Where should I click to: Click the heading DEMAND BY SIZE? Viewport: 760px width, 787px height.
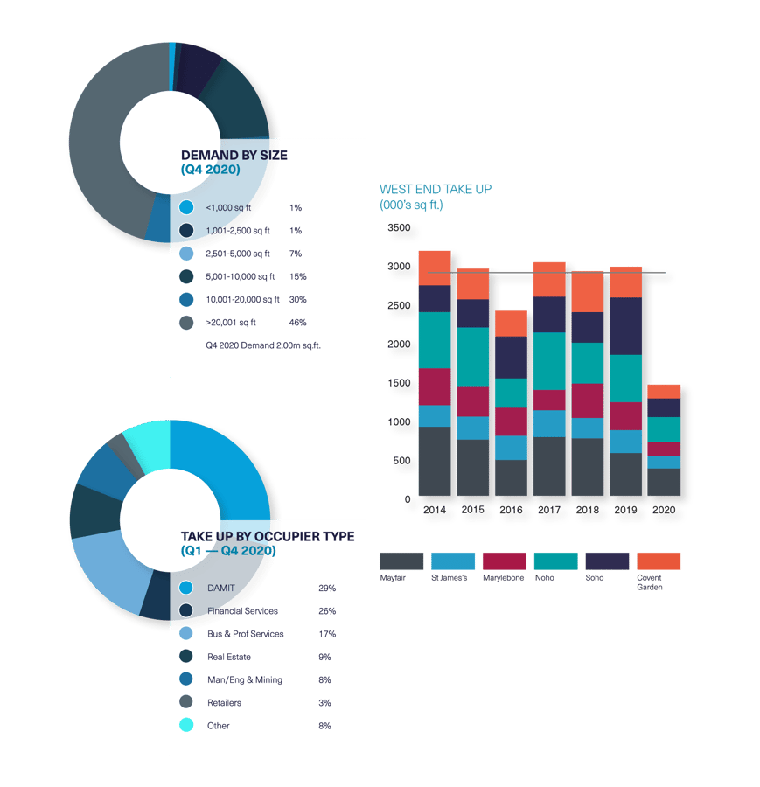234,156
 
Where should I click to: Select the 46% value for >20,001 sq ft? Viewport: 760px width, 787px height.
297,323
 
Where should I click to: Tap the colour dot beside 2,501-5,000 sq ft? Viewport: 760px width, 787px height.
185,254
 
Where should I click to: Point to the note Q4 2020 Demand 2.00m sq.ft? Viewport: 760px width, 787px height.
263,345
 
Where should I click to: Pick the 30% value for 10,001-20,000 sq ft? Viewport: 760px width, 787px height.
297,300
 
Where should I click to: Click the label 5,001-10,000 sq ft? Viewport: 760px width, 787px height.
240,277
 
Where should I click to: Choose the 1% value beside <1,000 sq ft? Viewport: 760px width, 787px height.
295,208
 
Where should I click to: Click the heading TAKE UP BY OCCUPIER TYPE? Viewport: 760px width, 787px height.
267,536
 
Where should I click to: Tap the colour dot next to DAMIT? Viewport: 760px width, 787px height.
185,589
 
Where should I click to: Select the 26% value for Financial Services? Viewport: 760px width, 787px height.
327,611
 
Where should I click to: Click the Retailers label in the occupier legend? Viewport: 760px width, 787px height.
224,703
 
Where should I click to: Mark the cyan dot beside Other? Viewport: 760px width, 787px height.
185,726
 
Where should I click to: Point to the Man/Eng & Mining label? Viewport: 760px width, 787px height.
244,680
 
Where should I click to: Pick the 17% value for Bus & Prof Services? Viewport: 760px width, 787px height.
327,634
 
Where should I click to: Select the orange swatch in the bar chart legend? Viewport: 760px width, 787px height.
659,561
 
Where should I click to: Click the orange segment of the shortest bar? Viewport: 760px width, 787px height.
664,391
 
